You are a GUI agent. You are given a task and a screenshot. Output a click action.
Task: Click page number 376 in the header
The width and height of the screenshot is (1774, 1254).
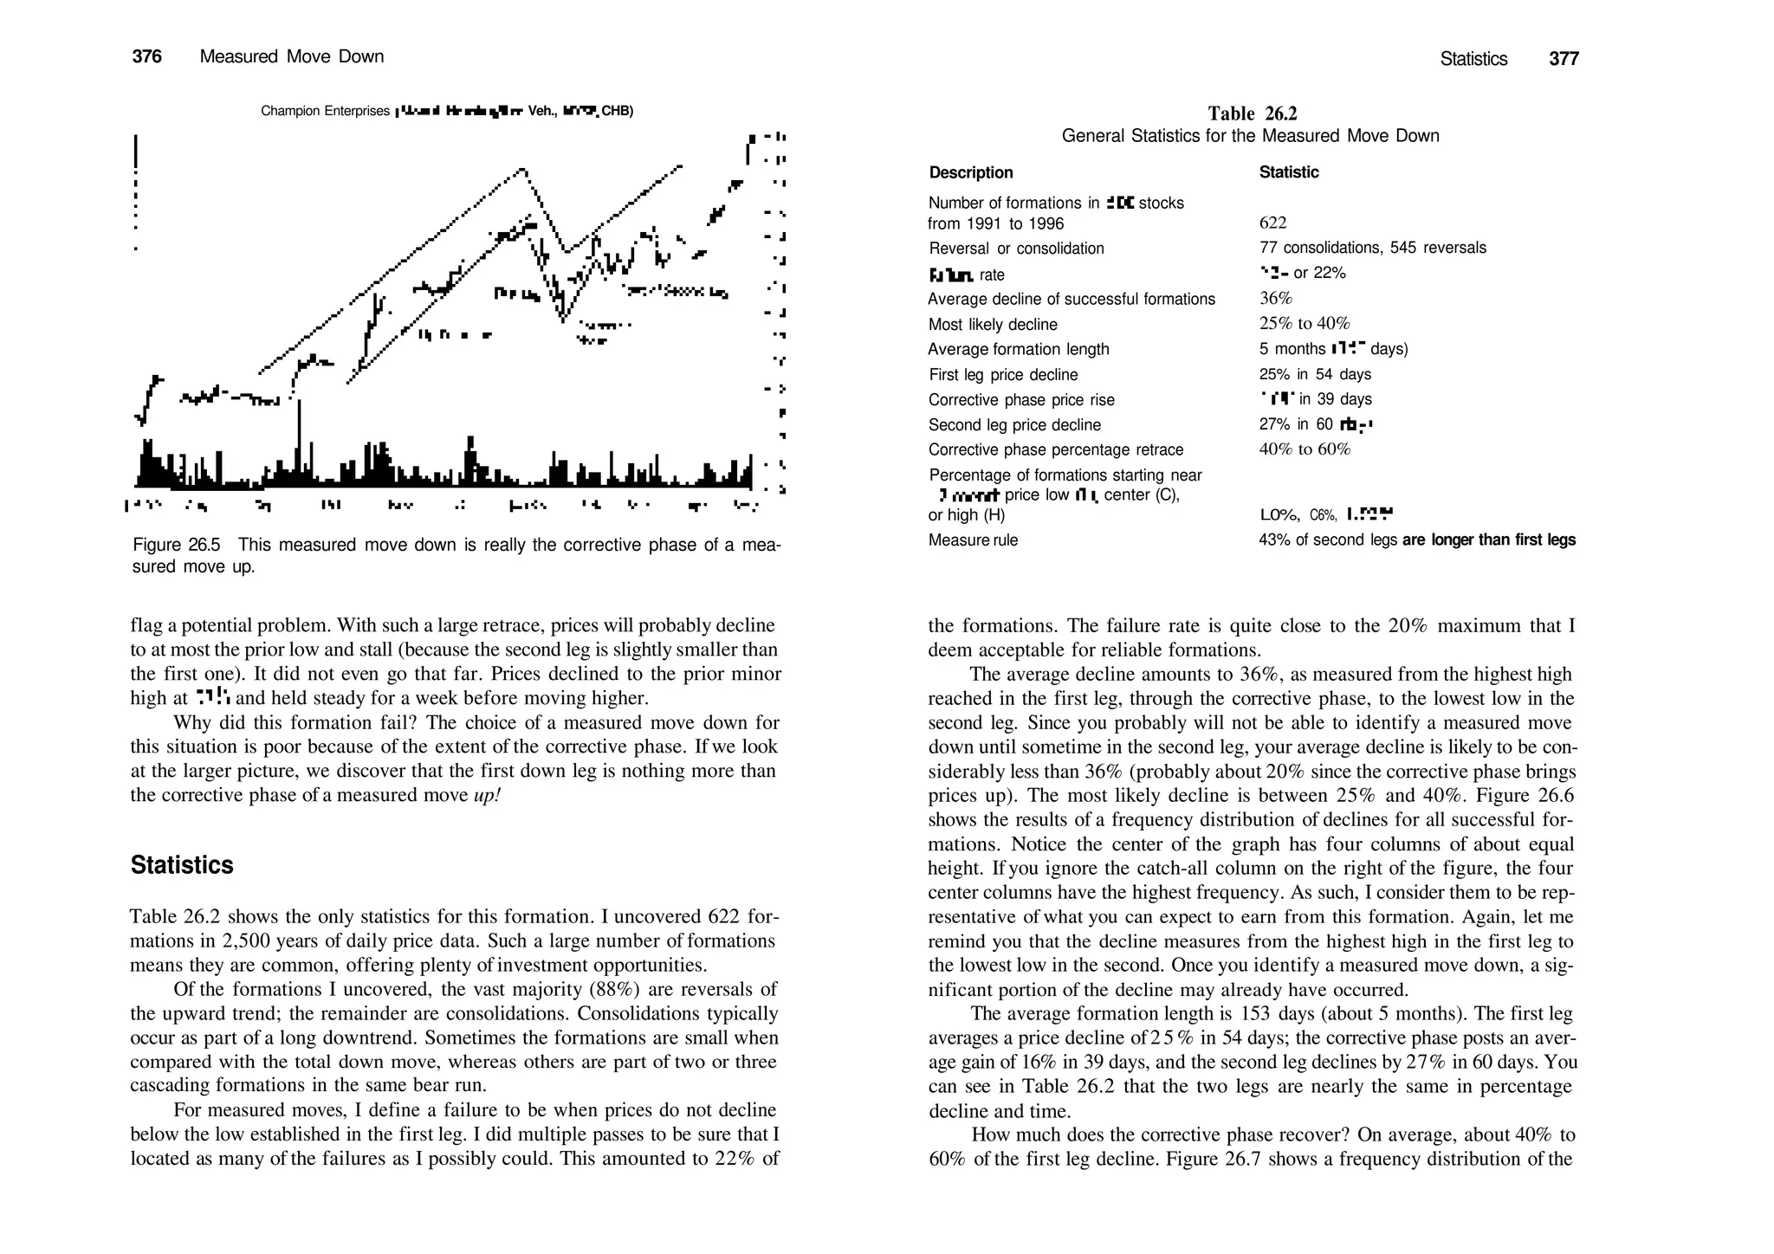(146, 57)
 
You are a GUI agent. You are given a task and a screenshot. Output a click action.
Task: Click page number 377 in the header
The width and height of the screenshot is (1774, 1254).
(1564, 59)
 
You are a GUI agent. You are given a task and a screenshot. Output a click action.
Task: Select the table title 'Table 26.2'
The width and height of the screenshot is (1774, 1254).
(1252, 113)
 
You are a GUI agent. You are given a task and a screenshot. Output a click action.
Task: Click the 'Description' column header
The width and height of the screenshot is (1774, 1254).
(970, 172)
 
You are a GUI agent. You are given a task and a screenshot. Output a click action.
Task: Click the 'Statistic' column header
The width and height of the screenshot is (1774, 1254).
(1288, 172)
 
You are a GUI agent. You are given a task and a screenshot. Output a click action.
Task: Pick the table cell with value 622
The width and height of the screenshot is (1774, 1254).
(1272, 223)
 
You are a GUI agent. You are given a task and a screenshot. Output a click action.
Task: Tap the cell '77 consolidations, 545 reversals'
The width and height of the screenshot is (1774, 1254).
(1372, 249)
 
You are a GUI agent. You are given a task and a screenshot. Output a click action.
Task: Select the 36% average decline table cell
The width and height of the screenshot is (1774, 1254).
(1275, 299)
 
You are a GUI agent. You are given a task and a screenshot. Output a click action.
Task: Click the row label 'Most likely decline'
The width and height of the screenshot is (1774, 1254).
(992, 325)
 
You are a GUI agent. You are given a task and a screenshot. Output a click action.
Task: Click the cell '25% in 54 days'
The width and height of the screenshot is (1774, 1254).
(1314, 374)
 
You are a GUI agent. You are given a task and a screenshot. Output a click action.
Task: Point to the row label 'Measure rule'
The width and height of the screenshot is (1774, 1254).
(973, 540)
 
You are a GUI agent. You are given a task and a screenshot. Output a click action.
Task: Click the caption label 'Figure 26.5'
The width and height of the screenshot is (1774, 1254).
(177, 545)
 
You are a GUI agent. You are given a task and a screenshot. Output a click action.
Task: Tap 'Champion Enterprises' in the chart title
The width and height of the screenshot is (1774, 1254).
(325, 112)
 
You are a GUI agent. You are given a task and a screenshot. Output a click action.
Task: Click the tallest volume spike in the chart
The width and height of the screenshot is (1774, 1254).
(300, 442)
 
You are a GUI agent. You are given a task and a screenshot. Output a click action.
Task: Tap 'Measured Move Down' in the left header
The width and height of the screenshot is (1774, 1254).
(291, 57)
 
